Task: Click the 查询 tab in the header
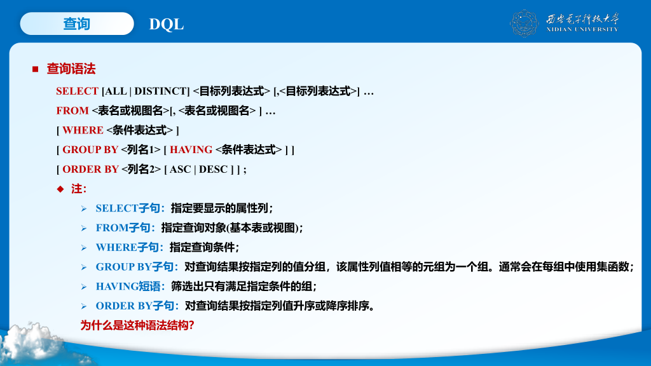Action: [77, 24]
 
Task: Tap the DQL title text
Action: [167, 24]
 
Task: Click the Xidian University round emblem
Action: [524, 24]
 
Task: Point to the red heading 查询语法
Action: [71, 69]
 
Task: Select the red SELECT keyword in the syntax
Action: [77, 91]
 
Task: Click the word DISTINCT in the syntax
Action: [160, 91]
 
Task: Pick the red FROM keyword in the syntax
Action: [72, 111]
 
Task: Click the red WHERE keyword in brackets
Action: [83, 130]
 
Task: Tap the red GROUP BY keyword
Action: [90, 149]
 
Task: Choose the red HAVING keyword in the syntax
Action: [191, 149]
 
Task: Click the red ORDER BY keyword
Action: [90, 169]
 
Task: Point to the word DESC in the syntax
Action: [213, 169]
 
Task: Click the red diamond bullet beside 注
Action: [60, 189]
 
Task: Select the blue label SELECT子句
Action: [130, 208]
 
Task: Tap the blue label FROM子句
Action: [125, 227]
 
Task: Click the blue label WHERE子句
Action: [129, 247]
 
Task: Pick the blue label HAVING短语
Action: [130, 286]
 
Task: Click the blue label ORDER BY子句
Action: [137, 306]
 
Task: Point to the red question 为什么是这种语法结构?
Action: [137, 325]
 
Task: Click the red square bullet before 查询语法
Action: [36, 69]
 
